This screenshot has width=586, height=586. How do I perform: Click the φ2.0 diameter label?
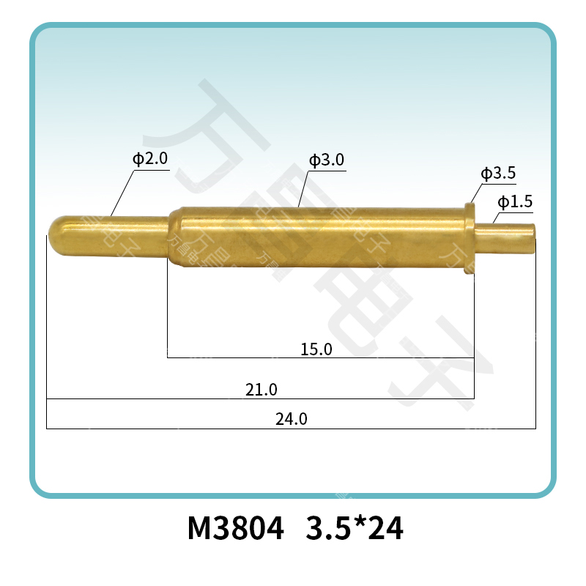point(150,159)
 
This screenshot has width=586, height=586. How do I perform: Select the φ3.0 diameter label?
point(327,160)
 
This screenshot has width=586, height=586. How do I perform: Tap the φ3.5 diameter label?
point(498,174)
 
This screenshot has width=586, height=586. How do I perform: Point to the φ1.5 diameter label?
point(514,201)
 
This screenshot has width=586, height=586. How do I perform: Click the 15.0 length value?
point(316,349)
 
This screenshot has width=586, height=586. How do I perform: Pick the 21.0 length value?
point(261,390)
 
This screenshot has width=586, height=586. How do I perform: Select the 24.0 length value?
point(291,420)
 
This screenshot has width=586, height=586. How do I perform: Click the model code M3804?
point(235,529)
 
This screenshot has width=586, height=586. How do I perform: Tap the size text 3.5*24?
point(354,529)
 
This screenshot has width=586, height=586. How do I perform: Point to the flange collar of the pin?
point(470,239)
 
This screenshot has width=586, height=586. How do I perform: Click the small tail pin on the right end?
point(508,240)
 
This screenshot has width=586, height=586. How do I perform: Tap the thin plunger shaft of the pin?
point(117,235)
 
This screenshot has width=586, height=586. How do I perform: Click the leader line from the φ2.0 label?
point(122,193)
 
